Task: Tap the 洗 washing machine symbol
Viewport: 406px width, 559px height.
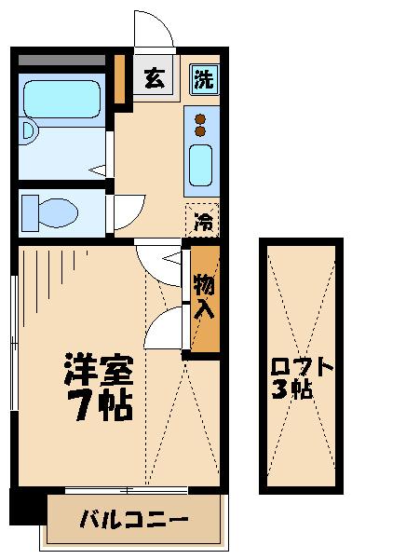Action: click(x=203, y=79)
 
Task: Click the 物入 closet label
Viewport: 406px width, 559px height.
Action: click(x=205, y=296)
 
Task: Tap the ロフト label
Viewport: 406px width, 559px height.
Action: click(x=300, y=365)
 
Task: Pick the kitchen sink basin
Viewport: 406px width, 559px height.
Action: click(x=201, y=165)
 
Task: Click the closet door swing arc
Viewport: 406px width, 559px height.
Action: click(x=163, y=328)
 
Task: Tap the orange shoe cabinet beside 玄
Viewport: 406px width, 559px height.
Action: click(x=120, y=80)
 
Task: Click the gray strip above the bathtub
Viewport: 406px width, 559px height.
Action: click(x=61, y=61)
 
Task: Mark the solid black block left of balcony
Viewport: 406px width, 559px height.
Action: click(x=27, y=505)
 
